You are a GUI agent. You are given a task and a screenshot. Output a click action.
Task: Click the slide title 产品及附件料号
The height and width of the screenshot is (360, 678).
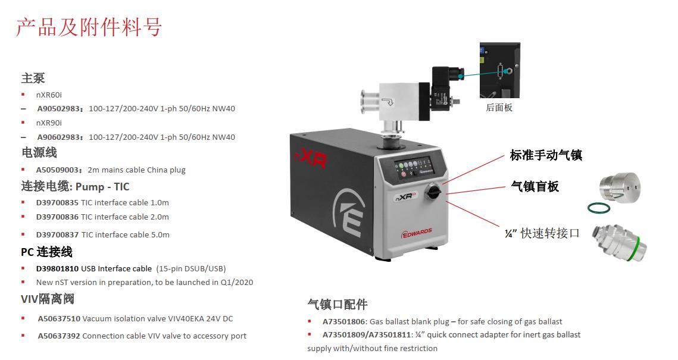89,27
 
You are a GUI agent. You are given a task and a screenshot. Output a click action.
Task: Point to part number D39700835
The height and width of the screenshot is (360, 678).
57,202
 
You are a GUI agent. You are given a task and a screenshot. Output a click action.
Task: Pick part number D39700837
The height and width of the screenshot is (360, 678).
57,234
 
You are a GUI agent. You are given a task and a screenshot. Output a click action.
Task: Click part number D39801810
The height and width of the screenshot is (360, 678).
57,268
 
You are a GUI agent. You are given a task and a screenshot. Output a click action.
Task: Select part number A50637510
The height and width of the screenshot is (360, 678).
59,318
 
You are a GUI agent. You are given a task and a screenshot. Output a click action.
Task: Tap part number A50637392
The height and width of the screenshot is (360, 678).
59,336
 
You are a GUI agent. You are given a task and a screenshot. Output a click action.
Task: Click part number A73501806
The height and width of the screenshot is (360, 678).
343,321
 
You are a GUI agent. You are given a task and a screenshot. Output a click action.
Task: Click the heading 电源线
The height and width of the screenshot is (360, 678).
39,153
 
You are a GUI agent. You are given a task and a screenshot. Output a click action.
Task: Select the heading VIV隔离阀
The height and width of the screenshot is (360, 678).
48,299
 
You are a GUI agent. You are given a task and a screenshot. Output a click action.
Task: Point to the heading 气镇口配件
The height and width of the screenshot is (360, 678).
338,305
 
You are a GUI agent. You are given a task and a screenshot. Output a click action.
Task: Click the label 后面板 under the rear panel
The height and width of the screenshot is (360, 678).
499,108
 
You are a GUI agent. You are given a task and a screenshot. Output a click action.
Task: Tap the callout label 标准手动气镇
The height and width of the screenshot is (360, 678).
546,155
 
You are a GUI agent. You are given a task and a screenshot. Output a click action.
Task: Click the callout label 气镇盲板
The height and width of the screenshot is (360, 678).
535,186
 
